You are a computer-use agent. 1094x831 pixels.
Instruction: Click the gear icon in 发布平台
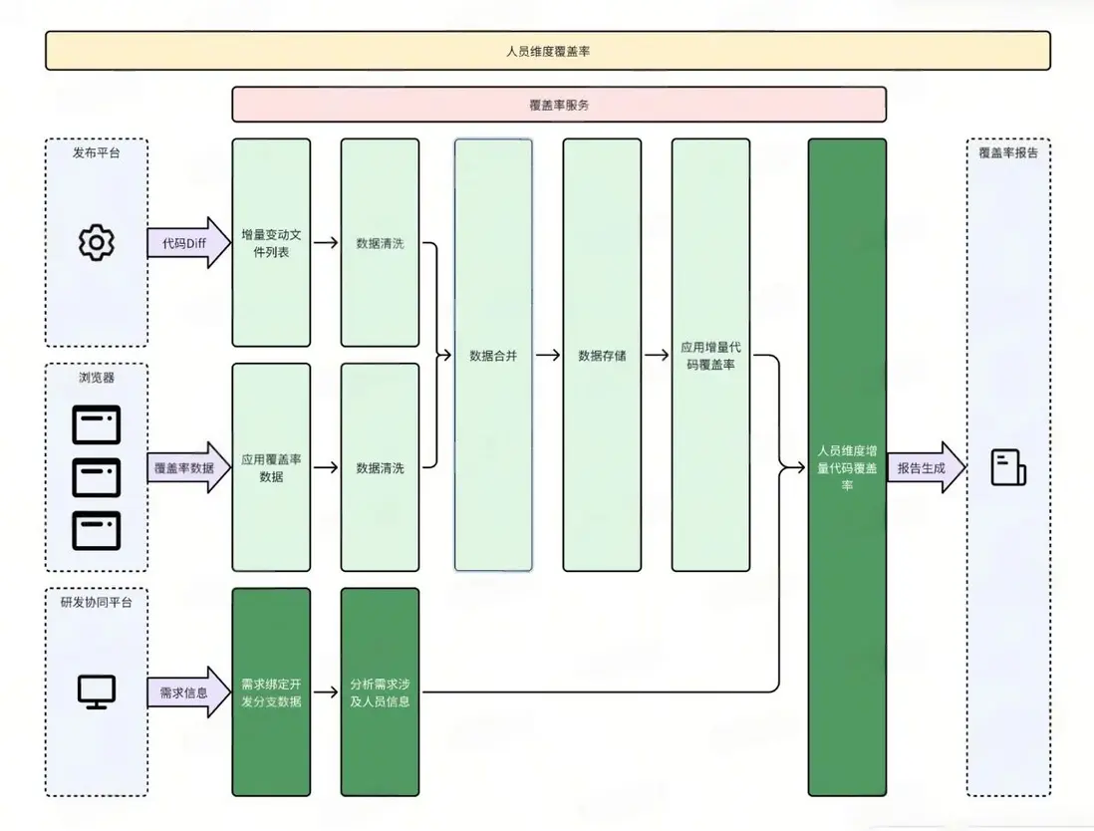tap(97, 242)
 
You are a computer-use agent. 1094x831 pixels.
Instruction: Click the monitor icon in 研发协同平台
tap(97, 692)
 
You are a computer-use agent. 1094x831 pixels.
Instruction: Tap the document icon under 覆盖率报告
tap(1007, 467)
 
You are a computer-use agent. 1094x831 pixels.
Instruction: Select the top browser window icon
tap(97, 424)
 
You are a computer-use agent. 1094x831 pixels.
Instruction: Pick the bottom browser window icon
tap(97, 530)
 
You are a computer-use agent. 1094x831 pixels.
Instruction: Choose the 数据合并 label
tap(493, 355)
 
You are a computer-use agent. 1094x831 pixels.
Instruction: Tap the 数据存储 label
tap(602, 355)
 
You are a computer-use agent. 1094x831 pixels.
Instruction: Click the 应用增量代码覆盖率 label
tap(710, 356)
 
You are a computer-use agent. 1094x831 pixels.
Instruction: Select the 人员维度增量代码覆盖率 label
tap(847, 467)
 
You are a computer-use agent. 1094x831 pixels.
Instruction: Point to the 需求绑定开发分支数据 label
tap(271, 692)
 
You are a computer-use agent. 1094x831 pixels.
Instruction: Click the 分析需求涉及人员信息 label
tap(380, 692)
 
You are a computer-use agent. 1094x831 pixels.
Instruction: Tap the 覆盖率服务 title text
tap(559, 104)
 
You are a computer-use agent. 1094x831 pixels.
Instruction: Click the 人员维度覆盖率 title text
tap(548, 50)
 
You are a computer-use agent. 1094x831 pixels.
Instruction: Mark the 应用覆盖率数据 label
tap(271, 467)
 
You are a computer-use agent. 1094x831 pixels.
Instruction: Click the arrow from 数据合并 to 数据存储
tap(547, 355)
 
